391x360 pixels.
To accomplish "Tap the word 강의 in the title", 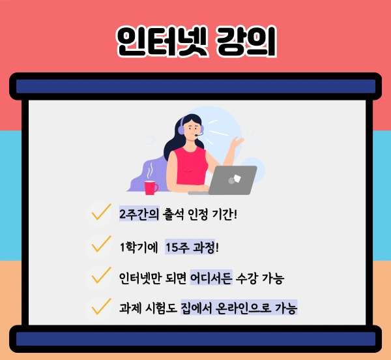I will [245, 42].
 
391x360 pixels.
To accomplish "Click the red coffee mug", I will [151, 188].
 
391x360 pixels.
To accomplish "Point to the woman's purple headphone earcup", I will [181, 130].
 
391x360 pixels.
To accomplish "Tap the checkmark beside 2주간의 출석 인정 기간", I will [100, 213].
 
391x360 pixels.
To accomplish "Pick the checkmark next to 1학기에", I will [100, 245].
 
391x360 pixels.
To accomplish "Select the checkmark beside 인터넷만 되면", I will [100, 276].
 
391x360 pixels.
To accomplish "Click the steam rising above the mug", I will [151, 170].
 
